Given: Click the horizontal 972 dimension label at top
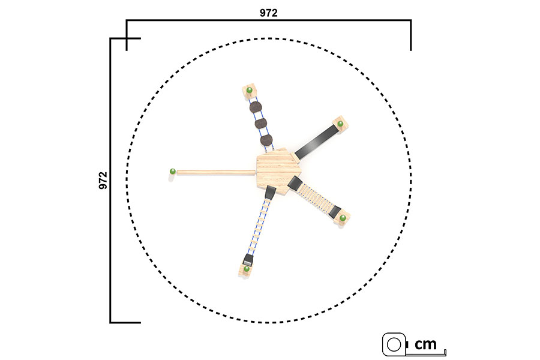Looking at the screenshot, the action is [268, 13].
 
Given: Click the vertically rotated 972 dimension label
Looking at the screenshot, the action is [103, 180].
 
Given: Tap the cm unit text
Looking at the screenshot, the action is [425, 344].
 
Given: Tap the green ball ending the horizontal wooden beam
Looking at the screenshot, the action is [173, 171].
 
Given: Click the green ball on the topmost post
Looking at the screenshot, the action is [250, 90].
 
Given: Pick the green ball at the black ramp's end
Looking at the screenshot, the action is [340, 124].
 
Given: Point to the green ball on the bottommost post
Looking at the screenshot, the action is [247, 269].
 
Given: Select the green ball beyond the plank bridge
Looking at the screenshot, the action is [343, 218].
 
